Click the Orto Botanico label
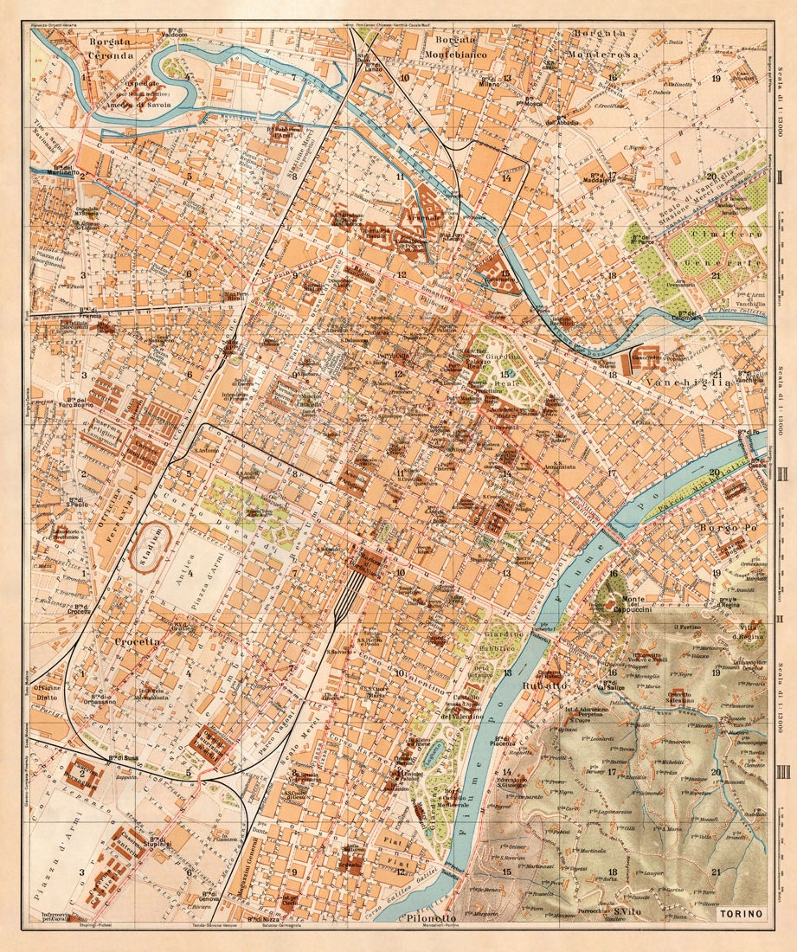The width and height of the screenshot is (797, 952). pos(485,672)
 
